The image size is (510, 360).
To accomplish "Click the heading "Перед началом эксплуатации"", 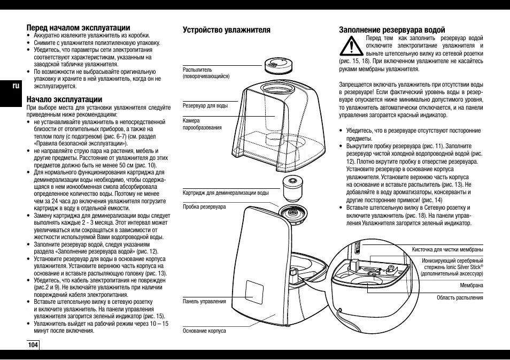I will coord(79,27).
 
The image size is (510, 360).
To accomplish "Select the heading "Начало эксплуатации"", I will coord(64,99).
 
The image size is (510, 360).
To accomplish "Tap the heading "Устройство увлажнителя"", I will coord(227,30).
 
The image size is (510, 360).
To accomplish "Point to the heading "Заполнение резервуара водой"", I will coord(392,30).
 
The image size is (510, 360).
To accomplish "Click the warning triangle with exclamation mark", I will coord(350,48).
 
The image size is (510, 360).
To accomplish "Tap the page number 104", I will coord(33,344).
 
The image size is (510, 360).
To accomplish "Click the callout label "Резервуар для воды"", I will coord(205,105).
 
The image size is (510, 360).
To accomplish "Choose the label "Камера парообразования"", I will coord(202,125).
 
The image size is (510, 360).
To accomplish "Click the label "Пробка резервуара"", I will coord(204,206).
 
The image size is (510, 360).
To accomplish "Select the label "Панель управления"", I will coord(204,302).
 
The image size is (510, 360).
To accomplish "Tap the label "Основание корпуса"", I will coord(204,331).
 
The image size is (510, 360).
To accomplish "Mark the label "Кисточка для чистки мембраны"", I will coord(447,249).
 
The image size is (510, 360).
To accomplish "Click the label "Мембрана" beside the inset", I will coord(472,286).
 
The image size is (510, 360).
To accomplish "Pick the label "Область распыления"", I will coord(460,298).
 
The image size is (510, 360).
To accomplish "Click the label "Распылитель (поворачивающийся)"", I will coord(206,73).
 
